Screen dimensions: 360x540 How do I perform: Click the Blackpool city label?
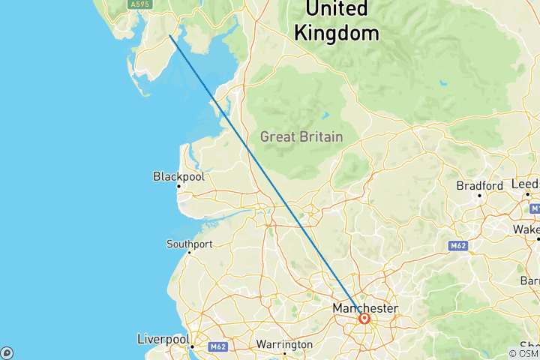(x=178, y=177)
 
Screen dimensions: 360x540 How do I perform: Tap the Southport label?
(x=189, y=244)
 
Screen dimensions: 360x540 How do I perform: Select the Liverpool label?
(x=163, y=340)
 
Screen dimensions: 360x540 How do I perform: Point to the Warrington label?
(x=284, y=344)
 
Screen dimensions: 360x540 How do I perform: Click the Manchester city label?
(x=365, y=308)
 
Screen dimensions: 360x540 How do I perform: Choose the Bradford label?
(x=480, y=185)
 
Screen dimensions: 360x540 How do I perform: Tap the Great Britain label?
(x=301, y=137)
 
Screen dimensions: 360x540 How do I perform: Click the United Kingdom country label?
(x=336, y=21)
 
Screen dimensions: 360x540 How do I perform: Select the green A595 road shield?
(x=139, y=4)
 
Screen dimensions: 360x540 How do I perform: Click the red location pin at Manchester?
(x=364, y=319)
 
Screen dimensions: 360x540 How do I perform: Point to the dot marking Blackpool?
(x=178, y=186)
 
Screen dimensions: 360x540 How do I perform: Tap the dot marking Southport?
(x=189, y=253)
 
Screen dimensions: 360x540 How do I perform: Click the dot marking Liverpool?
(x=193, y=346)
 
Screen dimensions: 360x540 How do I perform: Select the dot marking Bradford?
(x=480, y=195)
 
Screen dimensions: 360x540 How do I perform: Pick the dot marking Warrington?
(x=285, y=353)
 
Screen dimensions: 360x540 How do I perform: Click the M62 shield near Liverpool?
(x=218, y=346)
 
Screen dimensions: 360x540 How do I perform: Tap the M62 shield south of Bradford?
(x=457, y=245)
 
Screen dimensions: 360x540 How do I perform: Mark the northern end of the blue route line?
(x=170, y=35)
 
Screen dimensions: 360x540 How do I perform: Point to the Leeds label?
(x=526, y=184)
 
